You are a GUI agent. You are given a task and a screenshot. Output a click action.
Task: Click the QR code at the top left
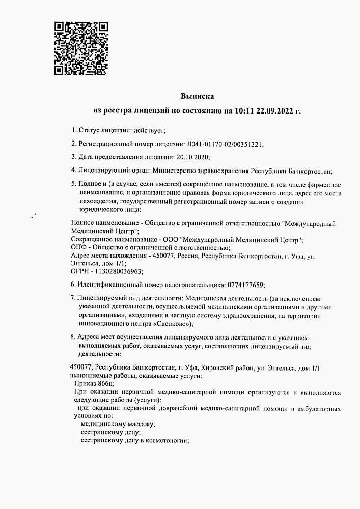point(81,48)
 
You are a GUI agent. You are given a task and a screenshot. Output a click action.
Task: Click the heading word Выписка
point(198,96)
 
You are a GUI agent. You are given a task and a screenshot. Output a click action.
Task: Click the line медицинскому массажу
point(118,424)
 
